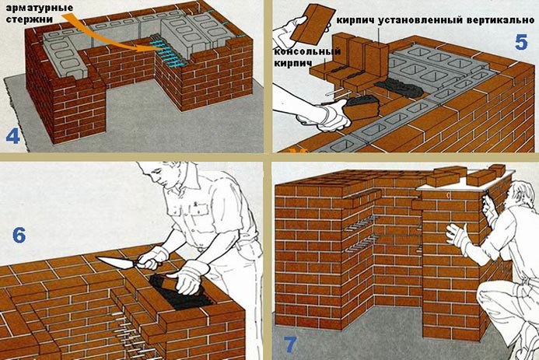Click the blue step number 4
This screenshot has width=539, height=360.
pyautogui.click(x=12, y=137)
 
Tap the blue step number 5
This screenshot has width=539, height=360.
pyautogui.click(x=521, y=43)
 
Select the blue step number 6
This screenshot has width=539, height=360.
pyautogui.click(x=19, y=236)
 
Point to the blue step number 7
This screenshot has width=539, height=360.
pyautogui.click(x=290, y=344)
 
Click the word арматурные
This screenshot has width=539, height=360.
pyautogui.click(x=40, y=8)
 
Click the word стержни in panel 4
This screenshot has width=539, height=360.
pyautogui.click(x=30, y=19)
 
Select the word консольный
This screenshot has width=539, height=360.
pyautogui.click(x=307, y=52)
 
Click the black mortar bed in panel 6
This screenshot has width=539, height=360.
pyautogui.click(x=179, y=292)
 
